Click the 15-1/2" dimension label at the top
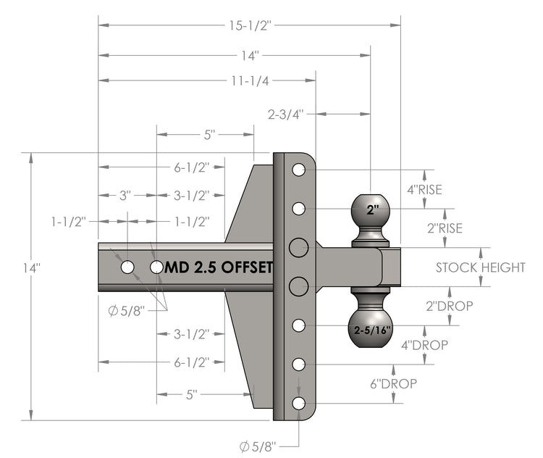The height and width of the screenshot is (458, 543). tap(249, 25)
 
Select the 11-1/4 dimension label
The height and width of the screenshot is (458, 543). tap(249, 80)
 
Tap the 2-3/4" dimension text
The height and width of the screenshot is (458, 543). tap(286, 114)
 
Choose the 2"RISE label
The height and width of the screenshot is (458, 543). tap(444, 228)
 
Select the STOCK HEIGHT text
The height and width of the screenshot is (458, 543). tap(480, 267)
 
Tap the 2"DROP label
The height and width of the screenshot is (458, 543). tap(449, 306)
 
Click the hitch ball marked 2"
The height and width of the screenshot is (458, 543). tap(371, 212)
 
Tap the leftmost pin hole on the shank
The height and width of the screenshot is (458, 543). tap(127, 267)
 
